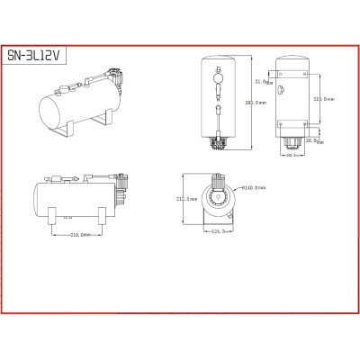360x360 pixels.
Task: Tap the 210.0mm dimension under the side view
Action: [85, 235]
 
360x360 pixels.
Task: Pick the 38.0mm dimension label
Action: [312, 139]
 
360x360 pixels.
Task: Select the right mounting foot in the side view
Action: [103, 214]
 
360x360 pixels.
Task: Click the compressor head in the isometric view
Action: [112, 80]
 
